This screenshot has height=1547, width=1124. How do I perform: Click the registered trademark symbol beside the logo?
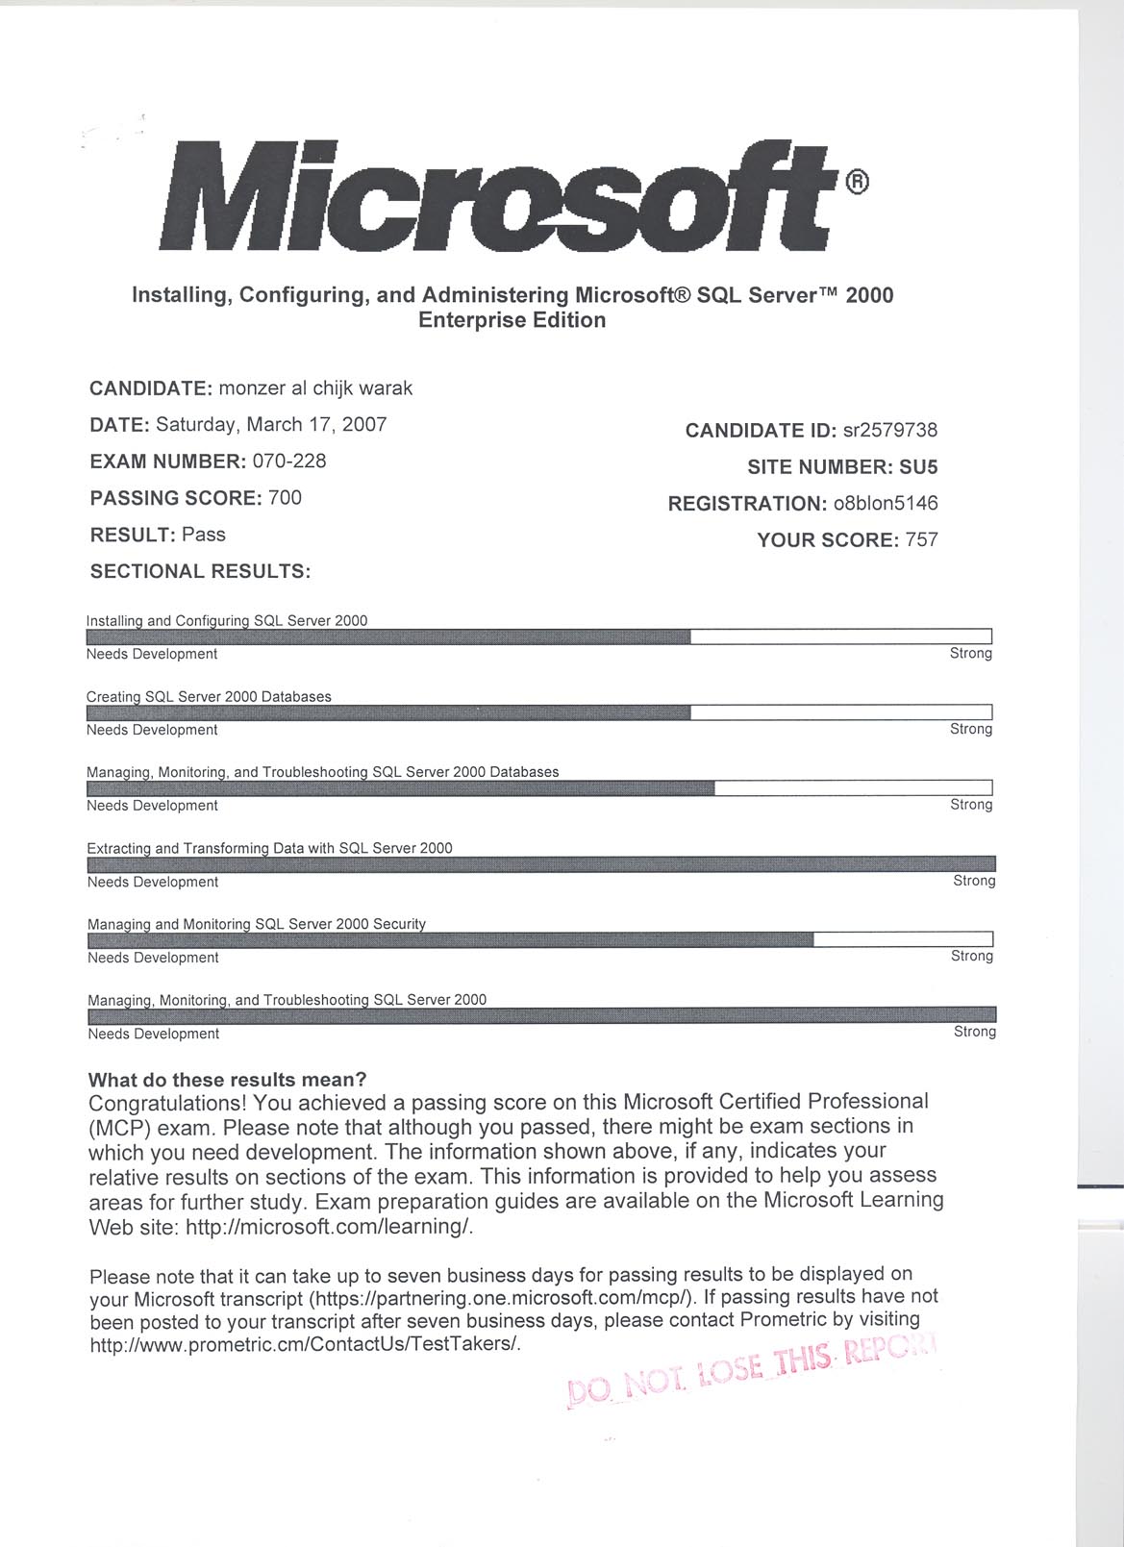pos(858,181)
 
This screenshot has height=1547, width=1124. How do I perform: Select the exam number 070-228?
pos(289,462)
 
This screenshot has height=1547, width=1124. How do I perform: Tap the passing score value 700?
pos(285,498)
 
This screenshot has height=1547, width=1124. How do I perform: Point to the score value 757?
pos(921,540)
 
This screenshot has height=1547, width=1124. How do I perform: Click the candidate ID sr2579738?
pos(890,431)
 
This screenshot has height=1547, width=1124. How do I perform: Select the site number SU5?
pos(918,467)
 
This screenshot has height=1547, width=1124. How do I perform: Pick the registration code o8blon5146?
pos(886,504)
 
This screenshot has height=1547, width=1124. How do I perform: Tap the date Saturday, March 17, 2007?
pos(271,425)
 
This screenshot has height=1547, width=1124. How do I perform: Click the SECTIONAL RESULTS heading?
pos(200,572)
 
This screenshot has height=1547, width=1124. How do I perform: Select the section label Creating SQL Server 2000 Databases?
pos(209,697)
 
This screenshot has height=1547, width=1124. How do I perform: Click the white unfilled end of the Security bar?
pos(903,939)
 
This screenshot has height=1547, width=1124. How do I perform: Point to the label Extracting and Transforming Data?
pos(269,849)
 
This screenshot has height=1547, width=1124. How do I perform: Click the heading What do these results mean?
pos(227,1080)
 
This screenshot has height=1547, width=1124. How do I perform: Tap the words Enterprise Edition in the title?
pos(512,321)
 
